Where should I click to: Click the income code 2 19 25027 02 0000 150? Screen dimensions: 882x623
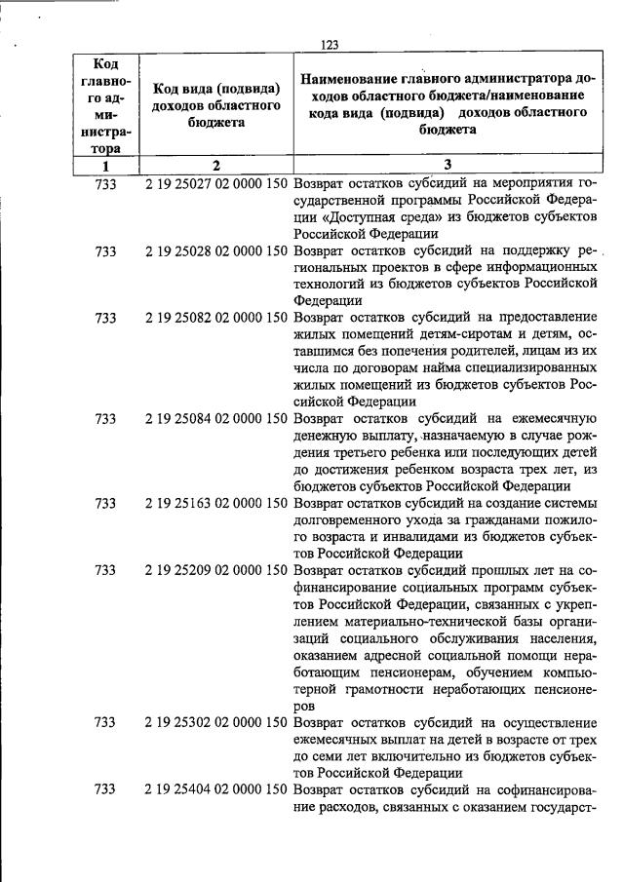pos(215,183)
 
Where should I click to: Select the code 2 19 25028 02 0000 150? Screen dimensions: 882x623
pos(215,250)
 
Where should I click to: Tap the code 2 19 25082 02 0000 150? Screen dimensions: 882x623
pos(215,318)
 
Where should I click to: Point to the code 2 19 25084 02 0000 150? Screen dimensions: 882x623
pos(215,419)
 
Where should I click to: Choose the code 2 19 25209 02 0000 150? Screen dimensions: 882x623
pos(215,570)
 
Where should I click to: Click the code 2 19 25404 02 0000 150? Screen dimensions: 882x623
pos(215,789)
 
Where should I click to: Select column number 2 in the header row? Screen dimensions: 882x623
pos(216,166)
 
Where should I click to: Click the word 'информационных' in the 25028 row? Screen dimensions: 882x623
pos(543,267)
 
